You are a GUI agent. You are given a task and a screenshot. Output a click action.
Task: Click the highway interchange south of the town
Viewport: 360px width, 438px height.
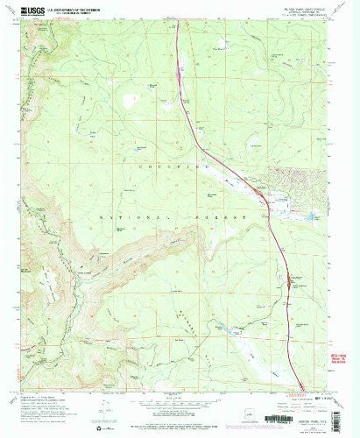286,283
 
